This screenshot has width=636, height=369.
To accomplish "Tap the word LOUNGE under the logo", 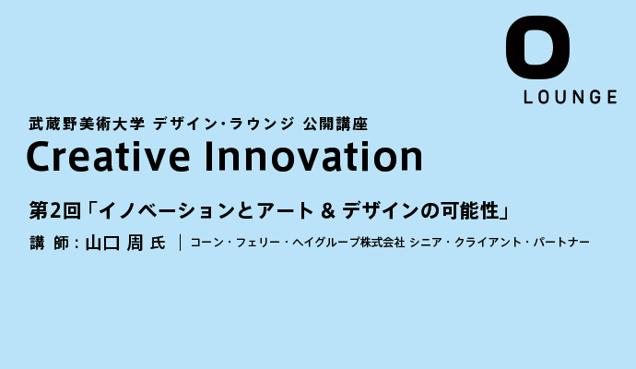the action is (571, 97).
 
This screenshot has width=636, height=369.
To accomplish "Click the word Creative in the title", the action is (108, 156).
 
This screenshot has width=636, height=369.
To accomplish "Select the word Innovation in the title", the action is (314, 156).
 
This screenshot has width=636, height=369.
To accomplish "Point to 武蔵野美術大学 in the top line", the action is (87, 124).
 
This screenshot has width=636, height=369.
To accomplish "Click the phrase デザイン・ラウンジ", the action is (223, 124).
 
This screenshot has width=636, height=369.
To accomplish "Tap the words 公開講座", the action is (335, 124).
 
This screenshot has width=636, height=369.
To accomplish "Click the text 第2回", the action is (54, 210).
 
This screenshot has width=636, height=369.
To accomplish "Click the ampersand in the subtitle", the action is (327, 211).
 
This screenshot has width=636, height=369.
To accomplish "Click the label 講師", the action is (49, 243).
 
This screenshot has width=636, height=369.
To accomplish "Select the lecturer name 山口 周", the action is (114, 243).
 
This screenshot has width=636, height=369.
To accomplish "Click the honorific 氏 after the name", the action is (158, 243).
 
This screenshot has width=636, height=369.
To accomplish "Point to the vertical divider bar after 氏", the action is (180, 243).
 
